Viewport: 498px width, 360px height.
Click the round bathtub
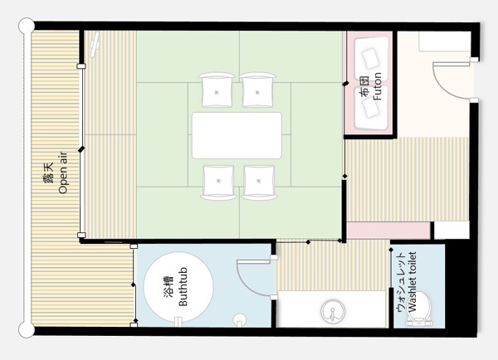178,287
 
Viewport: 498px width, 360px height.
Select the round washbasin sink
333,311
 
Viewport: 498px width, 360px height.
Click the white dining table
237,135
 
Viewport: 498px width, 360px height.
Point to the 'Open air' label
63,173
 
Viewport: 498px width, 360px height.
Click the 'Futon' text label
377,86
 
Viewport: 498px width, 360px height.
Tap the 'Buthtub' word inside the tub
183,287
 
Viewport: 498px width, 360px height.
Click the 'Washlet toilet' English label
412,282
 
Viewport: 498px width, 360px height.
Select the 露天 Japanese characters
48,173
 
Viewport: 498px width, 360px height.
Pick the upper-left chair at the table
217,90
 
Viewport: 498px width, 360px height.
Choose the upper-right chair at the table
257,90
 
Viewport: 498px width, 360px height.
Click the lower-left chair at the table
218,182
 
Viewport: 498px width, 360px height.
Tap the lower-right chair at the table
259,182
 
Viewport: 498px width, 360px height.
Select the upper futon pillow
370,58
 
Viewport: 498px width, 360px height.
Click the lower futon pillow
370,109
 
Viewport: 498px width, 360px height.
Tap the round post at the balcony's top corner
27,26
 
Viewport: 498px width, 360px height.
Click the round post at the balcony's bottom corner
27,330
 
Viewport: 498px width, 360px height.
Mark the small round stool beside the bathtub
240,319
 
